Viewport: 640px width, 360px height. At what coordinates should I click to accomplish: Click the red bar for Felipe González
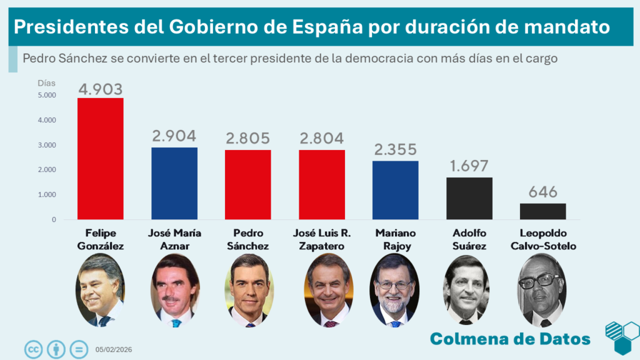[x=100, y=159]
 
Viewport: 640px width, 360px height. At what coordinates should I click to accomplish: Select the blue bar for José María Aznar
[x=174, y=184]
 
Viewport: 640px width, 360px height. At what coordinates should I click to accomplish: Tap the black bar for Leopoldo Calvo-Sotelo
[x=542, y=211]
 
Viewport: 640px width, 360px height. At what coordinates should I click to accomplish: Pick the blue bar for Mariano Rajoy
[x=395, y=191]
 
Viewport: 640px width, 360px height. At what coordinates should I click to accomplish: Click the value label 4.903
[x=100, y=89]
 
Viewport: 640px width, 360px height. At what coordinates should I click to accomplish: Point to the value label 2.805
[x=247, y=139]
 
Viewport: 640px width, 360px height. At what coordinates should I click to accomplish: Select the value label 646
[x=542, y=192]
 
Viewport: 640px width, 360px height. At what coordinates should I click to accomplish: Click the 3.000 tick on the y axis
[x=47, y=145]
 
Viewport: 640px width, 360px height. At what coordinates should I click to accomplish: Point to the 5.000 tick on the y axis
[x=47, y=95]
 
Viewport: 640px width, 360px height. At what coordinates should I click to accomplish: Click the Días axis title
[x=46, y=82]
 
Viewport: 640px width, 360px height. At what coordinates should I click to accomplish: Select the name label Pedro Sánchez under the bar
[x=247, y=239]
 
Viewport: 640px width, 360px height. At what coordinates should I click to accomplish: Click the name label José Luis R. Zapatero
[x=321, y=239]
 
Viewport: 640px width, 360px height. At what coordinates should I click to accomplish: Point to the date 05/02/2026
[x=114, y=349]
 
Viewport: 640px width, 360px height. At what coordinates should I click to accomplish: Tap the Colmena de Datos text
[x=510, y=339]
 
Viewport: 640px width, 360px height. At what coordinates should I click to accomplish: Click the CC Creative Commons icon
[x=33, y=349]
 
